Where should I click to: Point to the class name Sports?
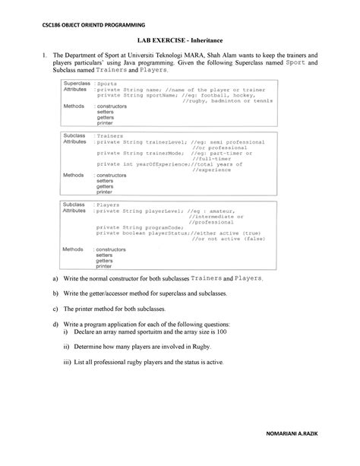point(108,82)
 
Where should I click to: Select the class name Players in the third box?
point(108,204)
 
